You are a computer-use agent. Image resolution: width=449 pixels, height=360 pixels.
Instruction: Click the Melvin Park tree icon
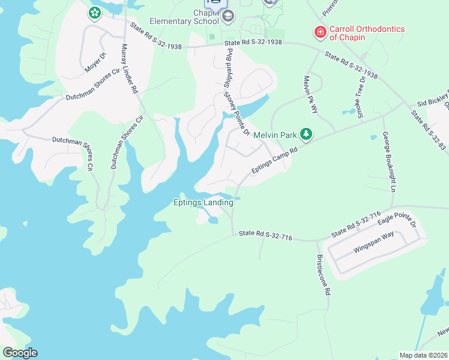[x=306, y=134]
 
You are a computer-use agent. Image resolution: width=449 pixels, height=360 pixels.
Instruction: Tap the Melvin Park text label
[x=275, y=135]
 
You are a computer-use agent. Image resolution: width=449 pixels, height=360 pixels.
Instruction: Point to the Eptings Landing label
[x=203, y=203]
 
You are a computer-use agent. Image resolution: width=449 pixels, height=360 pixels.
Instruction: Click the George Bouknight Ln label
[x=389, y=162]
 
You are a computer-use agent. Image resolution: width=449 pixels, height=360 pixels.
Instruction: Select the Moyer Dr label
[x=95, y=63]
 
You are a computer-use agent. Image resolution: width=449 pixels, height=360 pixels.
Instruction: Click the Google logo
[x=20, y=353]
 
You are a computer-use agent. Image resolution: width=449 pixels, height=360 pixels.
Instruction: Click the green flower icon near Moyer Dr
[x=94, y=13]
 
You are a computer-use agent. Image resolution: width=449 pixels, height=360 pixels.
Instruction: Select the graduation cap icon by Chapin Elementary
[x=228, y=16]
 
